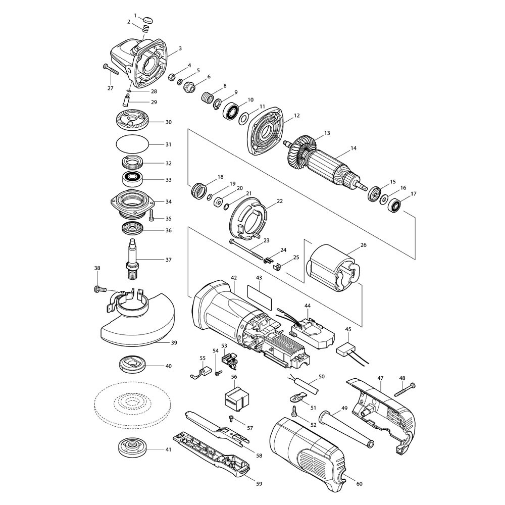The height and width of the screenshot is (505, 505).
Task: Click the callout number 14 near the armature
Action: tap(353, 148)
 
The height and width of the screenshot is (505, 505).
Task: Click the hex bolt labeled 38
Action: tap(98, 289)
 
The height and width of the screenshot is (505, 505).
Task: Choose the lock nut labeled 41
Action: tap(132, 447)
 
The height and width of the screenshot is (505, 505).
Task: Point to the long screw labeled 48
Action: tap(403, 390)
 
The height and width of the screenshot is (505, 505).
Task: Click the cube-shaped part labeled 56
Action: tap(234, 397)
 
